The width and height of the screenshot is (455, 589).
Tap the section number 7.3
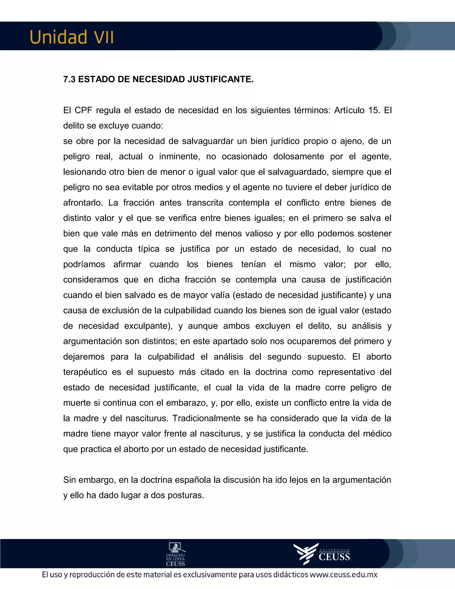(x=69, y=79)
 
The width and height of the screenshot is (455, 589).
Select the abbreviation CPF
(x=83, y=110)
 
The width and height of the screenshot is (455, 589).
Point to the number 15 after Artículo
(x=374, y=110)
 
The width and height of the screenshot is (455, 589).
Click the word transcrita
(x=205, y=202)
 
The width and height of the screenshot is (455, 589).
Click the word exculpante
(x=148, y=326)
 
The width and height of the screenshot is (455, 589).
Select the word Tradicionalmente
(x=206, y=418)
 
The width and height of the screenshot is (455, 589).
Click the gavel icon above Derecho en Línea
(x=176, y=547)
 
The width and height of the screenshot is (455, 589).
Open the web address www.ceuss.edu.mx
(x=343, y=575)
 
